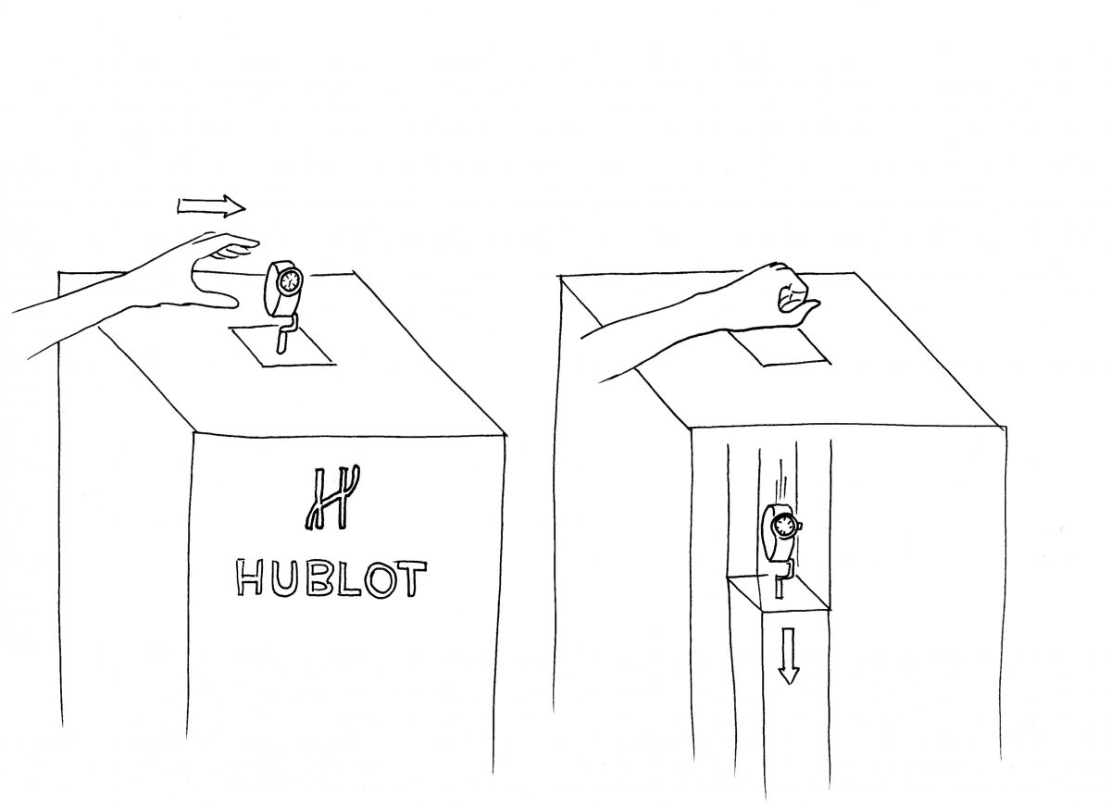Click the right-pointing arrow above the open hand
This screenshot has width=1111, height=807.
tap(212, 206)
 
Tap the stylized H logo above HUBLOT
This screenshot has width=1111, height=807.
tap(331, 498)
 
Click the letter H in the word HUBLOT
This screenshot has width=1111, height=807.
tap(249, 577)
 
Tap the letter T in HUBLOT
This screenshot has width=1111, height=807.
tap(412, 578)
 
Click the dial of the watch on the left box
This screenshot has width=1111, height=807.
tap(290, 281)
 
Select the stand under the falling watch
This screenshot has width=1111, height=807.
tap(782, 577)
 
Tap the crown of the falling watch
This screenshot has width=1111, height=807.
tap(799, 526)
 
